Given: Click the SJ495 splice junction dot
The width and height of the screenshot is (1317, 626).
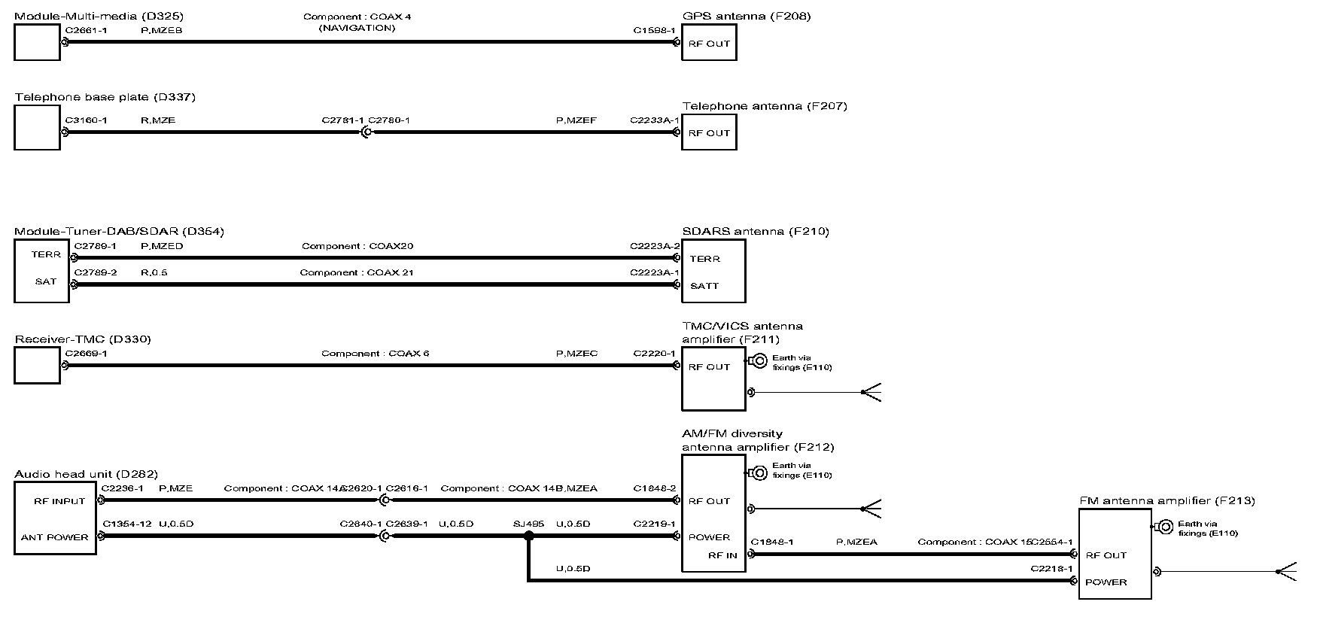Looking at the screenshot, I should pyautogui.click(x=528, y=536).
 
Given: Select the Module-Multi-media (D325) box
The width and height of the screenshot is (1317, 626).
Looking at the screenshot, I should pyautogui.click(x=37, y=42).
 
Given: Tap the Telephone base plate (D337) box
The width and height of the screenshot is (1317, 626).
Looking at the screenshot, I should pyautogui.click(x=37, y=127).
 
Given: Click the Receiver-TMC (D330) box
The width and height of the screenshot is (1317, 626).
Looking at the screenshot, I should pyautogui.click(x=37, y=365).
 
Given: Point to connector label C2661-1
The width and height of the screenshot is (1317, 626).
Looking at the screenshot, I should pyautogui.click(x=87, y=30).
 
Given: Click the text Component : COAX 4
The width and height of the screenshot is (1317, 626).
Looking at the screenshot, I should pyautogui.click(x=357, y=17).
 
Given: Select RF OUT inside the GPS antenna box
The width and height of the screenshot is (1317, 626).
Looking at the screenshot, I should pyautogui.click(x=709, y=44).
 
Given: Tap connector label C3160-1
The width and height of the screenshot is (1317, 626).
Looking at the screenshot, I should pyautogui.click(x=87, y=120).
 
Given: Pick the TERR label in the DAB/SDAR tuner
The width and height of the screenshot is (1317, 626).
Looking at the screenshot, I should pyautogui.click(x=46, y=255).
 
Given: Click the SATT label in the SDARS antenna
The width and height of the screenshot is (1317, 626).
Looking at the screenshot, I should pyautogui.click(x=704, y=286).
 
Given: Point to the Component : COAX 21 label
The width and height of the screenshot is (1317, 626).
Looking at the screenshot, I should pyautogui.click(x=357, y=272).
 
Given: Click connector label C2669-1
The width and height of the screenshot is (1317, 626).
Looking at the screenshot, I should pyautogui.click(x=87, y=353).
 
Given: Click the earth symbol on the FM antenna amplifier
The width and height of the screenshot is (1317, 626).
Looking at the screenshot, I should pyautogui.click(x=1164, y=527).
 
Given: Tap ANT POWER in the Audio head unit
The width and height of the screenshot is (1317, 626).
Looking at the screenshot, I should pyautogui.click(x=55, y=537).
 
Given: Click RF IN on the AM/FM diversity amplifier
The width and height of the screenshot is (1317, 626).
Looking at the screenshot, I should pyautogui.click(x=722, y=555).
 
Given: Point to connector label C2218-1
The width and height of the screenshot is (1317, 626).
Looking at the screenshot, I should pyautogui.click(x=1051, y=569).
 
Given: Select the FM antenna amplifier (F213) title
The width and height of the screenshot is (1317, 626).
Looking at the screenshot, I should pyautogui.click(x=1167, y=500).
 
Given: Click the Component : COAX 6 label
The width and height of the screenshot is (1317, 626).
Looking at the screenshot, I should pyautogui.click(x=375, y=353).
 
